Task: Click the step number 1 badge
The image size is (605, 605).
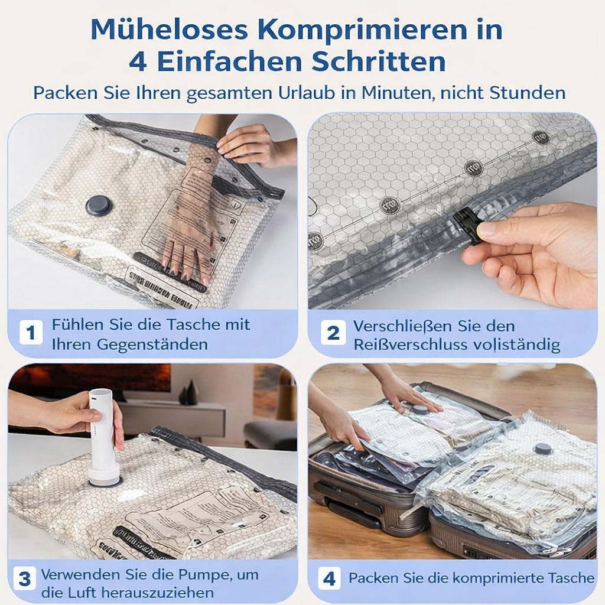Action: [31, 333]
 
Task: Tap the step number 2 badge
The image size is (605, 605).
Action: [333, 334]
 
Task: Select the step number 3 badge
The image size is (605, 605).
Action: [24, 579]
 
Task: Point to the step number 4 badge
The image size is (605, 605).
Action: [329, 578]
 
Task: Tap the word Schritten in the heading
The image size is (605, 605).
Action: [373, 61]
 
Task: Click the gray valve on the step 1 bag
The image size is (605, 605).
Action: [99, 205]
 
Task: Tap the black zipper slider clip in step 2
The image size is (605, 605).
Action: [468, 225]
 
